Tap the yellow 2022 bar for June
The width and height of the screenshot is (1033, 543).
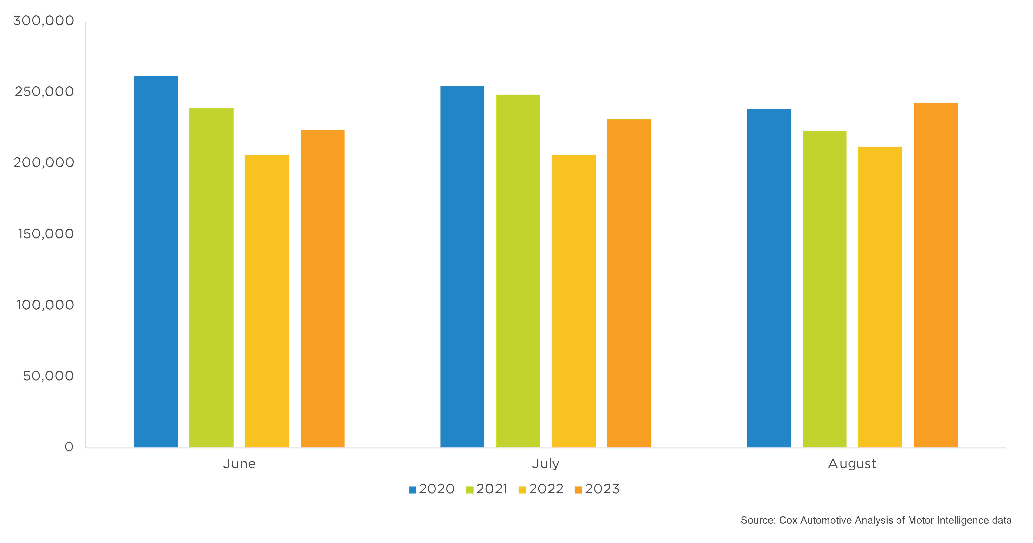pos(267,301)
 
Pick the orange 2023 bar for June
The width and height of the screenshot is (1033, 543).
pos(322,289)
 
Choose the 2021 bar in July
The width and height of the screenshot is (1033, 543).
pos(518,271)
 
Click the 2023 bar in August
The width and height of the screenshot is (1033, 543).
pos(936,275)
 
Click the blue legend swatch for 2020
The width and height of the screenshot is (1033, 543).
pos(412,490)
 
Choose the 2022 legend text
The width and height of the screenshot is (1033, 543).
pos(546,489)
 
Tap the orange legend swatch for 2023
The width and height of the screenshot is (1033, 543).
pos(578,490)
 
